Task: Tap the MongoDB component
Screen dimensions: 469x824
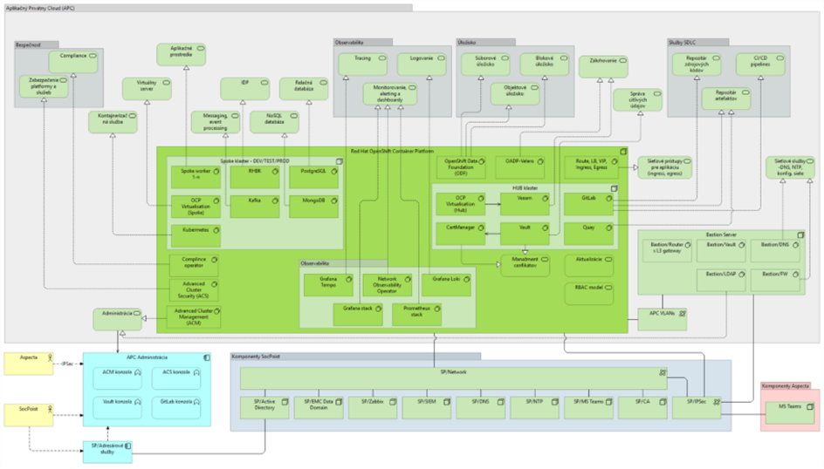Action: [312, 206]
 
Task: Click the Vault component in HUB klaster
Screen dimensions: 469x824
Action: [525, 233]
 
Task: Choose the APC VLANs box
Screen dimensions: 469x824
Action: [663, 316]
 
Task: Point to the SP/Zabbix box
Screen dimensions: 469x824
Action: [373, 407]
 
